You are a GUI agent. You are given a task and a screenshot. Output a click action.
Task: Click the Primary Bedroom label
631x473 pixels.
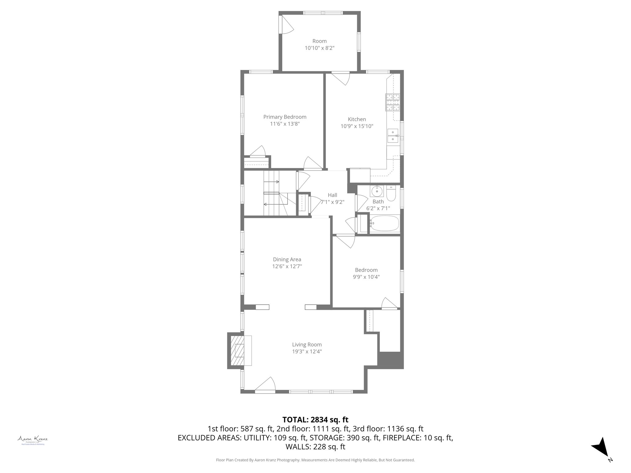tap(285, 117)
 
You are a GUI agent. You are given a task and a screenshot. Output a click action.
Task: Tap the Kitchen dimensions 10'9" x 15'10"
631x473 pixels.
tap(357, 126)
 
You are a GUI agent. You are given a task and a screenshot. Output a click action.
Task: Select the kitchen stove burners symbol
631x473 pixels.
tap(392, 103)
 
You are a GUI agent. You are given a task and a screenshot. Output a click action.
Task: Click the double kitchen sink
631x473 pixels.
tap(393, 136)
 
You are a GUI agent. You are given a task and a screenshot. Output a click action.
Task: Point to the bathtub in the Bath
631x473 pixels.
tap(384, 224)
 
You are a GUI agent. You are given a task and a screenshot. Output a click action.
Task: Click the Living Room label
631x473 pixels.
tap(307, 345)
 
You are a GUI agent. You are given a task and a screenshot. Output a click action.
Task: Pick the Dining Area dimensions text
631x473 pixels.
tap(287, 266)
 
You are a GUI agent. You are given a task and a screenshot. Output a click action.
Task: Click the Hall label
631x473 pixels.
tap(332, 195)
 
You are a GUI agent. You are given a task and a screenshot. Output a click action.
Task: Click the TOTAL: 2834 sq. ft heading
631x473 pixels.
tap(315, 420)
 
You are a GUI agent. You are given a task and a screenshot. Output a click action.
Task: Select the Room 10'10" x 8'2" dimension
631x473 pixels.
tap(320, 48)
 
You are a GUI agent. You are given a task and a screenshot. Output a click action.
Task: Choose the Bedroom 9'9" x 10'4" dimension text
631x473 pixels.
tap(366, 277)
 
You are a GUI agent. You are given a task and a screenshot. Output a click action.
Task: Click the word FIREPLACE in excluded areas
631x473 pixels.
tap(402, 438)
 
